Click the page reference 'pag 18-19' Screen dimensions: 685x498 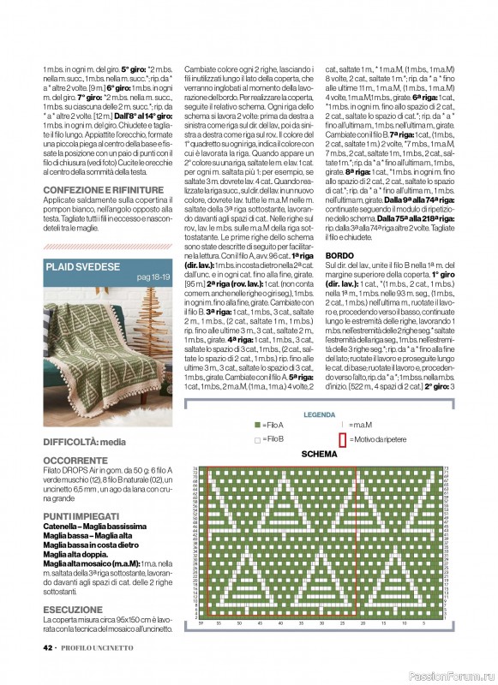[155, 277]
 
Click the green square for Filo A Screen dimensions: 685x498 [256, 426]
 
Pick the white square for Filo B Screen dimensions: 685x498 [256, 439]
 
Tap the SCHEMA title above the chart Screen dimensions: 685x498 [319, 455]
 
